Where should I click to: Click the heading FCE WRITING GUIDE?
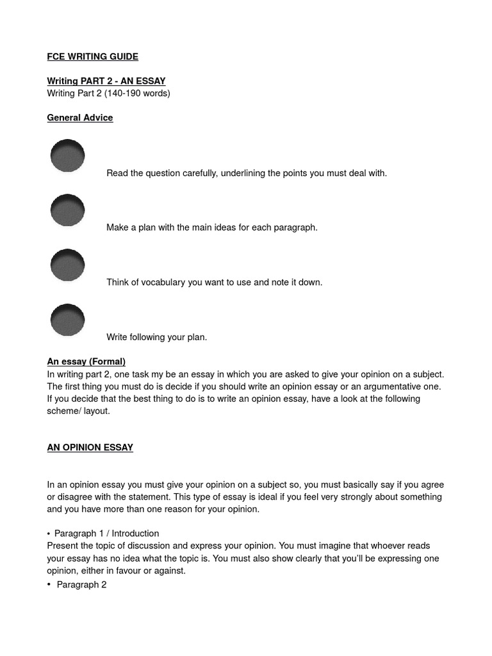92,57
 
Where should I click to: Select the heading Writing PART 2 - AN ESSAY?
106,81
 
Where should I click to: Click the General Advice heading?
80,118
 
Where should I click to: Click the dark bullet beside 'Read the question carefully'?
67,156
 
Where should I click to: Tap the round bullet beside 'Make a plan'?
67,211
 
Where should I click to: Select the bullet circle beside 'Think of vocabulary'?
67,265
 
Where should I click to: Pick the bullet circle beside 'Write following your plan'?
67,320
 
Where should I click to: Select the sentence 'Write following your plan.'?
157,338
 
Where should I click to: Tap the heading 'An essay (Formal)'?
86,362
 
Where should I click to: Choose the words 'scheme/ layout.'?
78,411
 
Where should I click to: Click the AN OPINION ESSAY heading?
90,448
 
